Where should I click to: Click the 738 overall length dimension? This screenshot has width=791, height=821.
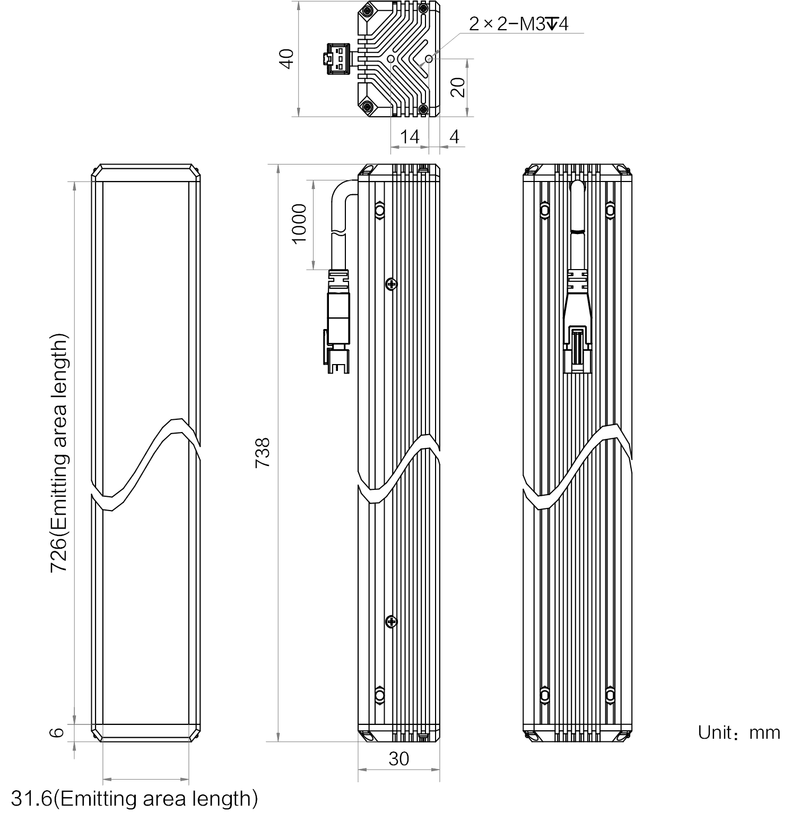click(x=263, y=452)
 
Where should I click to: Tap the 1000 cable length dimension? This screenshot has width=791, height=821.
click(x=300, y=223)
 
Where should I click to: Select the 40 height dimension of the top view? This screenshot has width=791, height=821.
click(x=286, y=58)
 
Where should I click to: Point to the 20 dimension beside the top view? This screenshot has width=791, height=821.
click(x=457, y=87)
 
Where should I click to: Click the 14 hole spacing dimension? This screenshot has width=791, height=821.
click(x=410, y=136)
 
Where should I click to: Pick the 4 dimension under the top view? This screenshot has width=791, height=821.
click(x=454, y=136)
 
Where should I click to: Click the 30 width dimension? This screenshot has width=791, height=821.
click(x=399, y=759)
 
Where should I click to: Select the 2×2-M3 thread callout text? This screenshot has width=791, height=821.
click(x=518, y=24)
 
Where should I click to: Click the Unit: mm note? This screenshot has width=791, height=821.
click(x=739, y=732)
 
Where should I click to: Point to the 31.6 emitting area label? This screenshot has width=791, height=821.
click(x=134, y=798)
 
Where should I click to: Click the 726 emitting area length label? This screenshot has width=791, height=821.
click(x=59, y=453)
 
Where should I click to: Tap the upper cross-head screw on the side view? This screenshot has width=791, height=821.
click(x=392, y=284)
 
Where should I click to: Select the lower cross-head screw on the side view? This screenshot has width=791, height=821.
click(x=392, y=621)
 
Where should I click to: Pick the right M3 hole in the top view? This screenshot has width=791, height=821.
click(x=429, y=58)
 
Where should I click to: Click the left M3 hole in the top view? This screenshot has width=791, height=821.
click(x=391, y=58)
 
